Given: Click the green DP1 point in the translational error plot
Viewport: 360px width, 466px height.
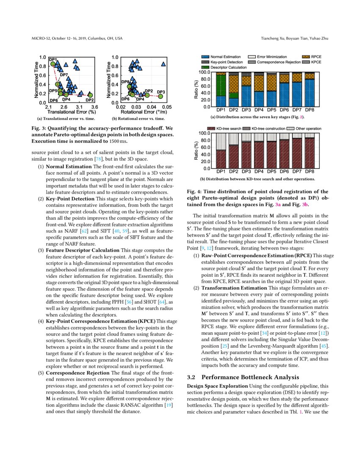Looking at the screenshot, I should click(x=53, y=64).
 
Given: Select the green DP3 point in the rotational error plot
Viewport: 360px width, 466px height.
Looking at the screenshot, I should click(x=160, y=96).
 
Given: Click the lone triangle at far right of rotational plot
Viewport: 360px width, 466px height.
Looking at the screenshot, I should click(x=163, y=64).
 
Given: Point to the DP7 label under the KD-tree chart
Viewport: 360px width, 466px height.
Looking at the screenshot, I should click(x=297, y=172).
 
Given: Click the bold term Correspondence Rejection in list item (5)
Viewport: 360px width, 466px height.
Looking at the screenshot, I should click(x=72, y=373).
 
